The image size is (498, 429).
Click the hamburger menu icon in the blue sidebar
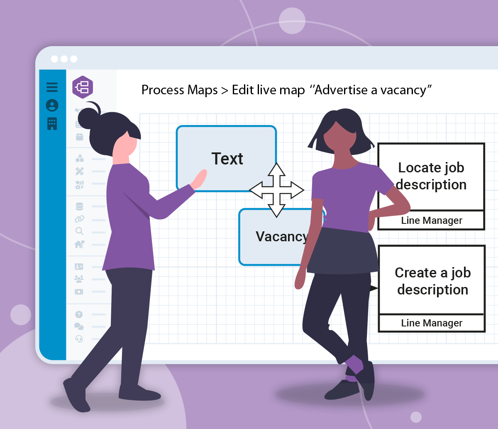coord(52,87)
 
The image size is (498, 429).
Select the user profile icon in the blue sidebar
coord(52,105)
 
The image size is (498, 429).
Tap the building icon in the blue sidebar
coord(52,124)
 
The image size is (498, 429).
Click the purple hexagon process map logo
coord(83,87)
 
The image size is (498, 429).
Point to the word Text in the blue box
coord(227,159)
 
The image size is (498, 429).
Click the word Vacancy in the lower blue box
coord(282,237)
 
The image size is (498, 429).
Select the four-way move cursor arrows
coord(276,190)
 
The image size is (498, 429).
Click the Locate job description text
coord(431,176)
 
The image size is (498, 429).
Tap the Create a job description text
coord(433,281)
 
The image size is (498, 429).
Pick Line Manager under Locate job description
coord(432,221)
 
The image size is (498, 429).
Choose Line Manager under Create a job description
coord(432,323)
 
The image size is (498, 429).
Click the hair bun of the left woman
coord(88,118)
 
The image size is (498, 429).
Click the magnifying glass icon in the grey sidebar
coord(79,231)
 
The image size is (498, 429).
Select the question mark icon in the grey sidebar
coord(79,314)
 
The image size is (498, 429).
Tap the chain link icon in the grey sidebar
coord(79,219)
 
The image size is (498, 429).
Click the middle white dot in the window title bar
coord(64,59)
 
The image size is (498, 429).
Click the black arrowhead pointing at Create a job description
coord(373,288)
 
